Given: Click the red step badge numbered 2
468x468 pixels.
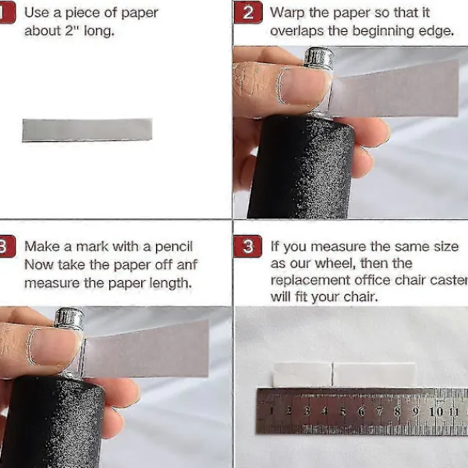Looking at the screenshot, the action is (248, 12).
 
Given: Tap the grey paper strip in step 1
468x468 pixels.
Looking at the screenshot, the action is (87, 129).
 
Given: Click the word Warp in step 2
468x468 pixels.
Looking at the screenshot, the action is (287, 12).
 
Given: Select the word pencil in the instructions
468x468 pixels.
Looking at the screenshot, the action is (174, 246).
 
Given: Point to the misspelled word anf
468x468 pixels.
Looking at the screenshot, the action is (187, 264).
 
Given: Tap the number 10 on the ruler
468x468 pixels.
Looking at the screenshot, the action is (436, 412).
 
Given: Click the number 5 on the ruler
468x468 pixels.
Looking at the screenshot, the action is (343, 412).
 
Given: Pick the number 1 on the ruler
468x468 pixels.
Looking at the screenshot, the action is (271, 411).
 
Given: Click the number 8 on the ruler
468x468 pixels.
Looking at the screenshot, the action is (397, 412).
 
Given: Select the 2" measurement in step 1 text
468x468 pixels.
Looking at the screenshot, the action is (69, 30).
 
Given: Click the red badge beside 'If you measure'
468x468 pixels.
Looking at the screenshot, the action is (248, 246).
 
